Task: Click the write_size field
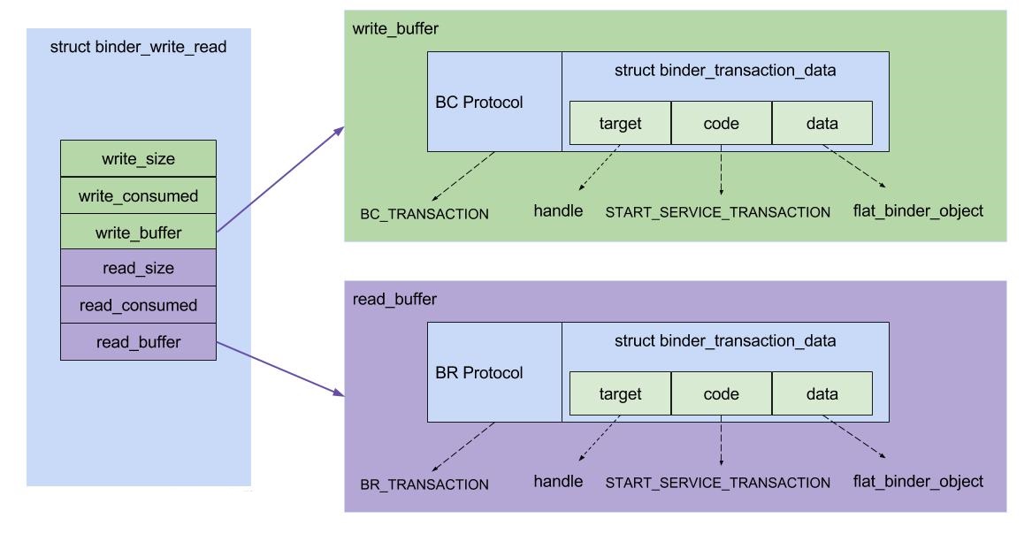tap(138, 159)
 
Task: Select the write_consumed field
tap(138, 195)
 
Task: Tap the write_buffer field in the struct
tap(138, 232)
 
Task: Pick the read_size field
tap(138, 268)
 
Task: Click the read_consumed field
tap(138, 305)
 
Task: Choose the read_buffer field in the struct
tap(138, 341)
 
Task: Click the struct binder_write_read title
tap(138, 47)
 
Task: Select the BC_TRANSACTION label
tap(424, 214)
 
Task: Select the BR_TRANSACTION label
tap(424, 484)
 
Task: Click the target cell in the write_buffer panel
tap(620, 124)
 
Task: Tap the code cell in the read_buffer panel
tap(721, 394)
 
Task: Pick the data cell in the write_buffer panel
tap(822, 124)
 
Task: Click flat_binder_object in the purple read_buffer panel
tap(918, 482)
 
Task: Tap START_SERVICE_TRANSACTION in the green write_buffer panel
tap(717, 212)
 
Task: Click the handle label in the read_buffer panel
tap(558, 482)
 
